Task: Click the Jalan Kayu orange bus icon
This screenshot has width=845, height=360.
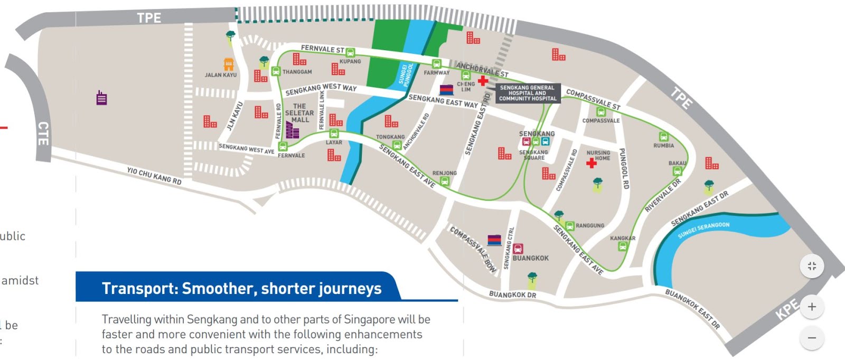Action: click(x=229, y=64)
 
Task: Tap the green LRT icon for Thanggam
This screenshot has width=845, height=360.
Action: click(x=276, y=71)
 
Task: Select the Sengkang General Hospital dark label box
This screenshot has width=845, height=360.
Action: click(x=528, y=93)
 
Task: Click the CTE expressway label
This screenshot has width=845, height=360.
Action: click(x=43, y=133)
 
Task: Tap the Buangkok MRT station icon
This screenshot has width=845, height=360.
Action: click(x=518, y=249)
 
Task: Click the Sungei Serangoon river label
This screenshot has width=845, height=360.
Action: click(x=703, y=230)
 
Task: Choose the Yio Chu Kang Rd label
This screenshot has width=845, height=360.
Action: click(x=154, y=176)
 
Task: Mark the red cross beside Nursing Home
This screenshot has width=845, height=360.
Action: click(x=591, y=163)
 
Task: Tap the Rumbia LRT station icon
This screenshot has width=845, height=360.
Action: click(x=664, y=137)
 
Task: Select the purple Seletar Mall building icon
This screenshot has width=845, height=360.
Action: click(x=292, y=130)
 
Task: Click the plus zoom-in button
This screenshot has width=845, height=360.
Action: click(x=812, y=307)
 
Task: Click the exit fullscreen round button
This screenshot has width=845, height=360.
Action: click(x=812, y=266)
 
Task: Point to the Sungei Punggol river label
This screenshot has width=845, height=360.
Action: click(x=406, y=74)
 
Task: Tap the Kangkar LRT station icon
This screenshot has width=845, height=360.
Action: click(x=623, y=246)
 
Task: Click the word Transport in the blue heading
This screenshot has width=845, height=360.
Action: click(x=139, y=289)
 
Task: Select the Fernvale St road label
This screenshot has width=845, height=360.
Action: click(x=322, y=49)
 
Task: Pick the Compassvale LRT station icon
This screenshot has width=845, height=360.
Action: click(x=601, y=112)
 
